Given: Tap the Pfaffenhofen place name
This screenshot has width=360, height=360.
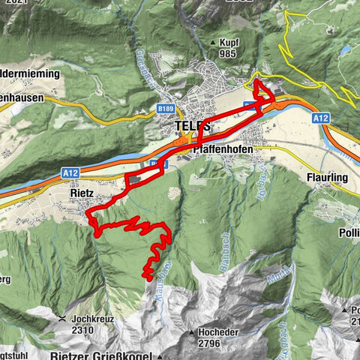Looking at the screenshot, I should (x=222, y=149).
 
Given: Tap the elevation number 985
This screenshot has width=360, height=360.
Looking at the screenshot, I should (x=229, y=53).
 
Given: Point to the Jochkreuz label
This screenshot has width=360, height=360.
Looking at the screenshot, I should (x=94, y=318).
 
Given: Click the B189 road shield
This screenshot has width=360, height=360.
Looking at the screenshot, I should (x=166, y=109).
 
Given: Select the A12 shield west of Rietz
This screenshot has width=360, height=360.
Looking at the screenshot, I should (x=71, y=173).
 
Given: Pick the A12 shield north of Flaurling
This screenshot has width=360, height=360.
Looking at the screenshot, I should (x=321, y=118).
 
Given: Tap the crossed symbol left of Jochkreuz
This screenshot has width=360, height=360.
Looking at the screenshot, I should (x=61, y=319).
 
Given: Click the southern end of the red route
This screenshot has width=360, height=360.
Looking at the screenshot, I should (x=148, y=278).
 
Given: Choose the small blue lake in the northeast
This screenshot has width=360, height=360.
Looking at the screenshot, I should (x=344, y=52).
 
